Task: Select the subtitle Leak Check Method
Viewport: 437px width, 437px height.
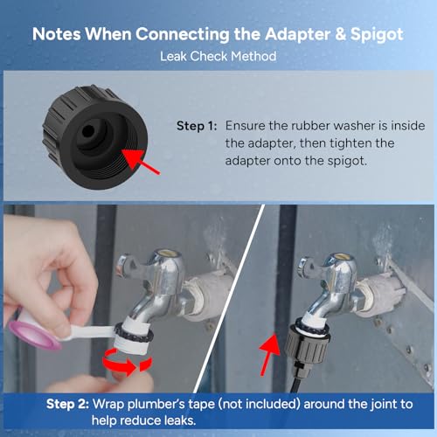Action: [218, 57]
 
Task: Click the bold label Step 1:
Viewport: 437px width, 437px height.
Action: [200, 126]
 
